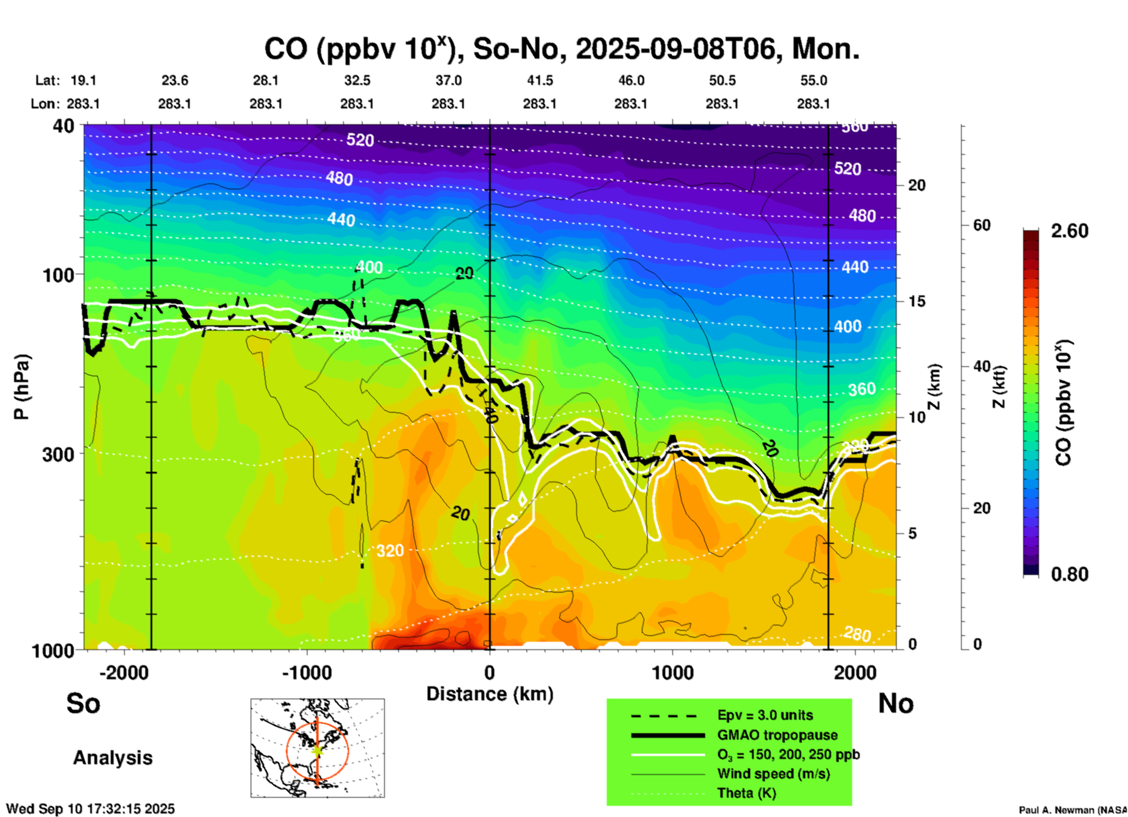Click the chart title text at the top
pyautogui.click(x=561, y=49)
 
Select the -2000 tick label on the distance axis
pyautogui.click(x=124, y=673)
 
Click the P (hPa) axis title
pyautogui.click(x=22, y=387)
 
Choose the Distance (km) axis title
pyautogui.click(x=490, y=694)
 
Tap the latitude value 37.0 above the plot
pyautogui.click(x=448, y=80)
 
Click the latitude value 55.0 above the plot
pyautogui.click(x=813, y=80)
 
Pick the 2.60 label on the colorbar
pyautogui.click(x=1069, y=231)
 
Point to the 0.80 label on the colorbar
pyautogui.click(x=1069, y=574)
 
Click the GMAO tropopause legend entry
pyautogui.click(x=777, y=735)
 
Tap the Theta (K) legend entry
pyautogui.click(x=746, y=793)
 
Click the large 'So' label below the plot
pyautogui.click(x=83, y=703)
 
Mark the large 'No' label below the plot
pyautogui.click(x=895, y=703)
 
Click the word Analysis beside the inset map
pyautogui.click(x=112, y=758)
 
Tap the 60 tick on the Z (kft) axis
pyautogui.click(x=982, y=225)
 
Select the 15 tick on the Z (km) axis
pyautogui.click(x=917, y=301)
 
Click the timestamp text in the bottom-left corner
pyautogui.click(x=90, y=809)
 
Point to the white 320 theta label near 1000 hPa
pyautogui.click(x=390, y=550)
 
